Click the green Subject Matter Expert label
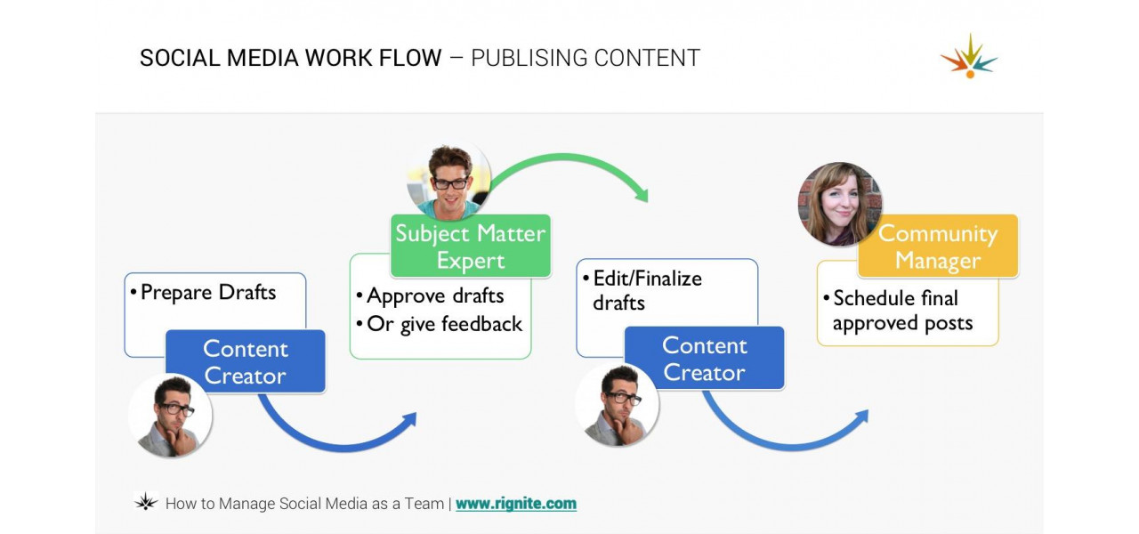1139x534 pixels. click(x=470, y=247)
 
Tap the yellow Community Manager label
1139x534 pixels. click(x=937, y=247)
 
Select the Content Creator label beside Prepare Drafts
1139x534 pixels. click(x=246, y=361)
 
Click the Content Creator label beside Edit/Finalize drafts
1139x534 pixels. click(x=704, y=359)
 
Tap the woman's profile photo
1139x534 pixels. click(x=839, y=204)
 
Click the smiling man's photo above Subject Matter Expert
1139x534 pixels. click(x=448, y=179)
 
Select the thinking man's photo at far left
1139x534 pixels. click(x=170, y=416)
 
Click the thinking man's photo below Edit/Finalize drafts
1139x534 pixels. click(x=617, y=405)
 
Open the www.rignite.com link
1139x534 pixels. click(x=516, y=504)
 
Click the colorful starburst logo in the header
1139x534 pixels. click(x=969, y=56)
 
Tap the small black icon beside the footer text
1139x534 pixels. click(x=146, y=502)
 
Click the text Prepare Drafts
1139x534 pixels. click(x=208, y=293)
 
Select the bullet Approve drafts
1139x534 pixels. click(x=435, y=296)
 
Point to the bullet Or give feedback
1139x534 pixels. click(x=444, y=324)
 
